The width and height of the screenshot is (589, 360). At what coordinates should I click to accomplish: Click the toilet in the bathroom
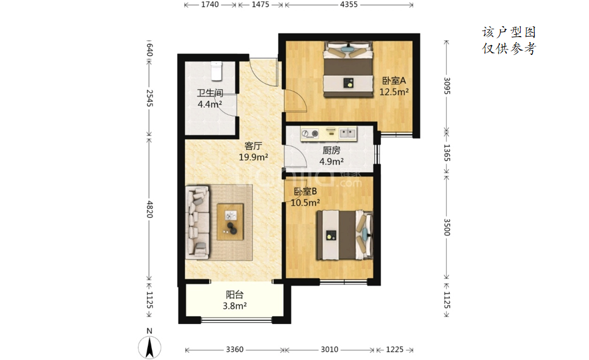[x=216, y=71]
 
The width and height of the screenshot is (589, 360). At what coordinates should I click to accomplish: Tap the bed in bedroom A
[x=349, y=70]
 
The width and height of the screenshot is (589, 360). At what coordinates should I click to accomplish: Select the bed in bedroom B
[x=344, y=235]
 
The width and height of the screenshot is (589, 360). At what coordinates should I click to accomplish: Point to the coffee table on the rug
[x=230, y=221]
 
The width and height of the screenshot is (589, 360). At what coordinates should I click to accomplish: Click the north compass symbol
[x=150, y=344]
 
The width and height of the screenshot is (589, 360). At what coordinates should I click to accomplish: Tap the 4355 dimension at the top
[x=349, y=4]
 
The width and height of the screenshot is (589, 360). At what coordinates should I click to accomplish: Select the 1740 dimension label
[x=210, y=4]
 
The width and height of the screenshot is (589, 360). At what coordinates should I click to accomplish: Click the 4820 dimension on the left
[x=150, y=209]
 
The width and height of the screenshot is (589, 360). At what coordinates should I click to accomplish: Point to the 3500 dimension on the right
[x=447, y=227]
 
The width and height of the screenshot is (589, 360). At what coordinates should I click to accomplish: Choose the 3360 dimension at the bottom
[x=235, y=350]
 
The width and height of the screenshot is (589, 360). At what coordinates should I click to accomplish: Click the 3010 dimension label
[x=330, y=350]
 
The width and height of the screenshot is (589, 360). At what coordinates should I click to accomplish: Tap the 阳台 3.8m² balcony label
[x=235, y=300]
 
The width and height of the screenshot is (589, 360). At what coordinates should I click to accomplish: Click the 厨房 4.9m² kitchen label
[x=331, y=156]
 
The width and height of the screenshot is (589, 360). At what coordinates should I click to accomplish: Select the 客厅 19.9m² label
[x=253, y=151]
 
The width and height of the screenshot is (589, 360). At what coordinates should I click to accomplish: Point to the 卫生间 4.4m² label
[x=210, y=98]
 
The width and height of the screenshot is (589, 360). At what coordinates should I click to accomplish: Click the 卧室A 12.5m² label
[x=394, y=86]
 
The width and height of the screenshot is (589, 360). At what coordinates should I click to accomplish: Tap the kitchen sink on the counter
[x=347, y=133]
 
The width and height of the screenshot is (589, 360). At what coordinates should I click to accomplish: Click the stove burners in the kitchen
[x=310, y=133]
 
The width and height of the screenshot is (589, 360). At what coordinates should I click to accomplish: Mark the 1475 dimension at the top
[x=260, y=4]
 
